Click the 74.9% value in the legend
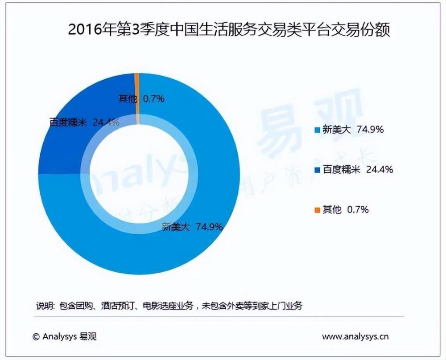tap(370, 130)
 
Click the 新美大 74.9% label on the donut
tap(191, 227)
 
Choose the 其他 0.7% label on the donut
tap(141, 98)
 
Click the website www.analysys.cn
tap(355, 336)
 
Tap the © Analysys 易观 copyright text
tap(64, 336)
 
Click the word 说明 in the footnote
tap(44, 306)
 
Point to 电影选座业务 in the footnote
tap(168, 306)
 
